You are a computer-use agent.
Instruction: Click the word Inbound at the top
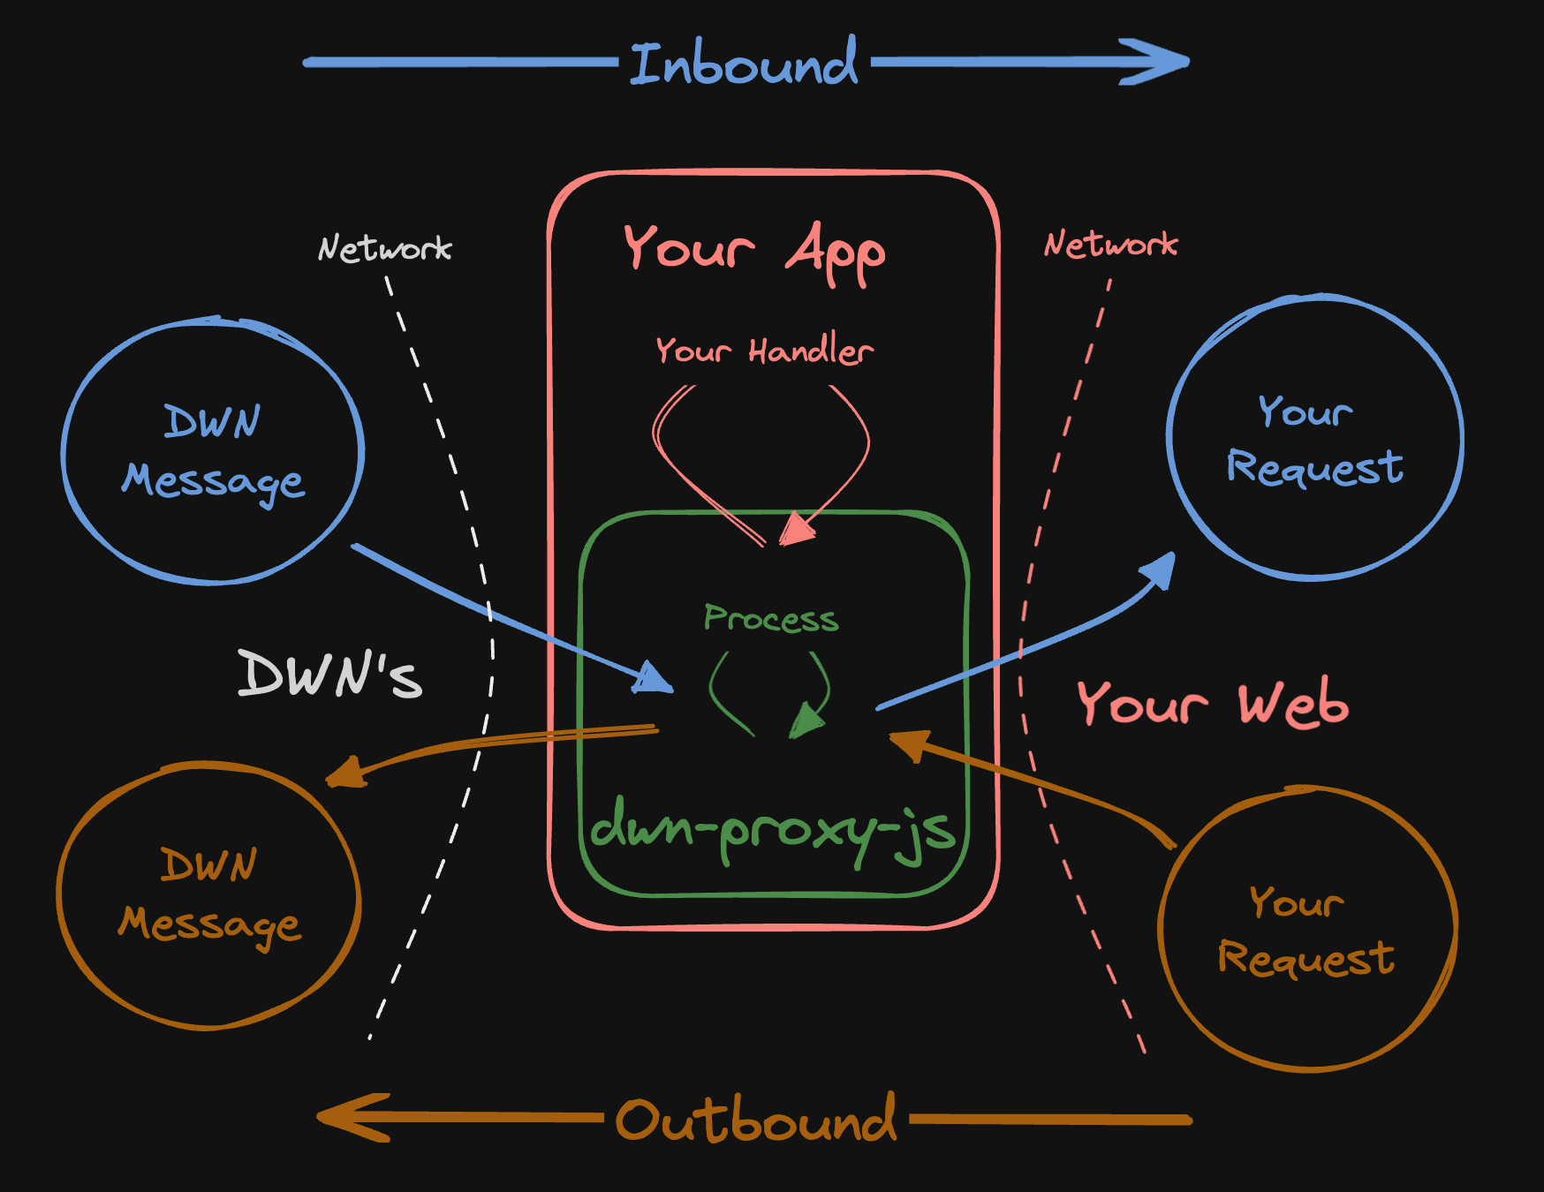coord(743,64)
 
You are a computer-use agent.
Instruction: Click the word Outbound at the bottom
coord(755,1120)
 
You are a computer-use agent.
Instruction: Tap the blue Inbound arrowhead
coord(1157,62)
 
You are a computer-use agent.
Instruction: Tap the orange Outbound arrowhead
coord(349,1118)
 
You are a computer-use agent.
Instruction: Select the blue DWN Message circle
coord(213,450)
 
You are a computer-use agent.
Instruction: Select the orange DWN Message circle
coord(209,895)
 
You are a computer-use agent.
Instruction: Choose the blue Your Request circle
coord(1314,438)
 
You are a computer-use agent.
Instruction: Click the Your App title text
coord(753,250)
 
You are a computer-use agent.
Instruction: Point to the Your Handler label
coord(764,351)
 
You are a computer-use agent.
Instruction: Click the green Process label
coord(770,618)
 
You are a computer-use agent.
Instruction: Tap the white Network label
coord(384,249)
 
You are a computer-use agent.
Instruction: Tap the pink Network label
coord(1110,245)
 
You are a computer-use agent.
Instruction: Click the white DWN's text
coord(329,675)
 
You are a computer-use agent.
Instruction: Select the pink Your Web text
coord(1212,704)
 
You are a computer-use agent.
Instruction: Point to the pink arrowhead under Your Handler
coord(797,530)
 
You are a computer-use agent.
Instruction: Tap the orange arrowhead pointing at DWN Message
coord(346,773)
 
